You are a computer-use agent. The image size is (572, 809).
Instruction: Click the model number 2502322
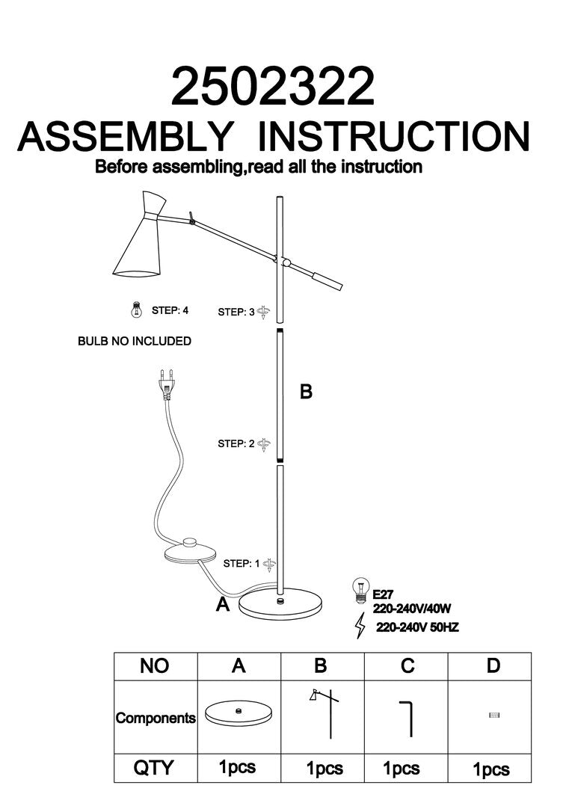[272, 87]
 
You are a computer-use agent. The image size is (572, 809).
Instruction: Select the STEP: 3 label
[236, 312]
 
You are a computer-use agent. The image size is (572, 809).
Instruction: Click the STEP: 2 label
[236, 444]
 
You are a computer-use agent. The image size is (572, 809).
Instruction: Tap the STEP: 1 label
[236, 564]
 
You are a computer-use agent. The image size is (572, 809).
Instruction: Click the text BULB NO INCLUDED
[135, 341]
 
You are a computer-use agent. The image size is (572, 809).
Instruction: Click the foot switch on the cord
[189, 552]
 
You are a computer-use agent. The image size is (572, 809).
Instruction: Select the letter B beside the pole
[306, 391]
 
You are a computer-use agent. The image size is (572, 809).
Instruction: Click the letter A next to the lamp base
[222, 605]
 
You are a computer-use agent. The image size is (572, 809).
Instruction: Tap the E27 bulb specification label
[383, 595]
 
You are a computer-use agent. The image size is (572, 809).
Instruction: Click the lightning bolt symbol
[360, 625]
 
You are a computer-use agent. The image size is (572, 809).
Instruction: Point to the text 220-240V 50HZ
[417, 628]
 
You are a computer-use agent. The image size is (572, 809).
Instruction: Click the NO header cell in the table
[155, 666]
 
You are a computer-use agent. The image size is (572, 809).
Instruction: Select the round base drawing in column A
[239, 714]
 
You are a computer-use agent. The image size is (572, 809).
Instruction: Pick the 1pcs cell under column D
[492, 769]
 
